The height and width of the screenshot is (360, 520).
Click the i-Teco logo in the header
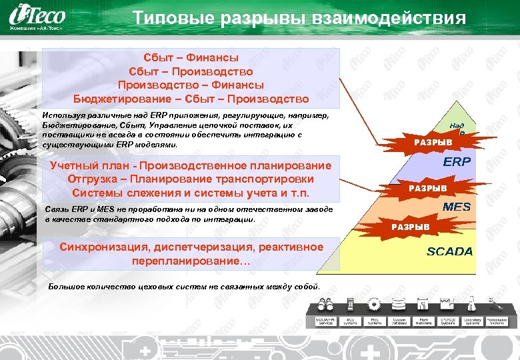point(44,15)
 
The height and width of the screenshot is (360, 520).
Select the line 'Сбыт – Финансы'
point(191,58)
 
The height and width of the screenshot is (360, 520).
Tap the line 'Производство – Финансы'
point(191,85)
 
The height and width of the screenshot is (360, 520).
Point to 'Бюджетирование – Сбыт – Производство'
point(191,99)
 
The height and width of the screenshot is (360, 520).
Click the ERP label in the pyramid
point(457,162)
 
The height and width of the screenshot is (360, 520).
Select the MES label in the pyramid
point(456,207)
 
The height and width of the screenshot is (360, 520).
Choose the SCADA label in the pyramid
point(449,251)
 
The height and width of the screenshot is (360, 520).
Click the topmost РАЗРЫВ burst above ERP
point(433,141)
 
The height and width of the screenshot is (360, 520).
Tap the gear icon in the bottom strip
point(374,305)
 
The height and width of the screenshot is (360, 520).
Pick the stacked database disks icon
point(399,305)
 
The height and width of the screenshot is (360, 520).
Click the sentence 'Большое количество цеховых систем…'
point(185,287)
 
